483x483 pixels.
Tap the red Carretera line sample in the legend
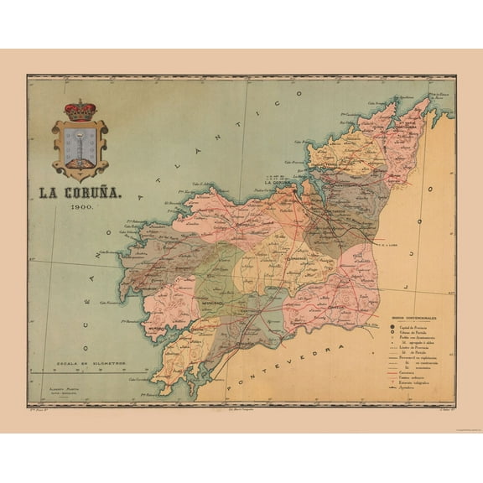pyautogui.click(x=396, y=372)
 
